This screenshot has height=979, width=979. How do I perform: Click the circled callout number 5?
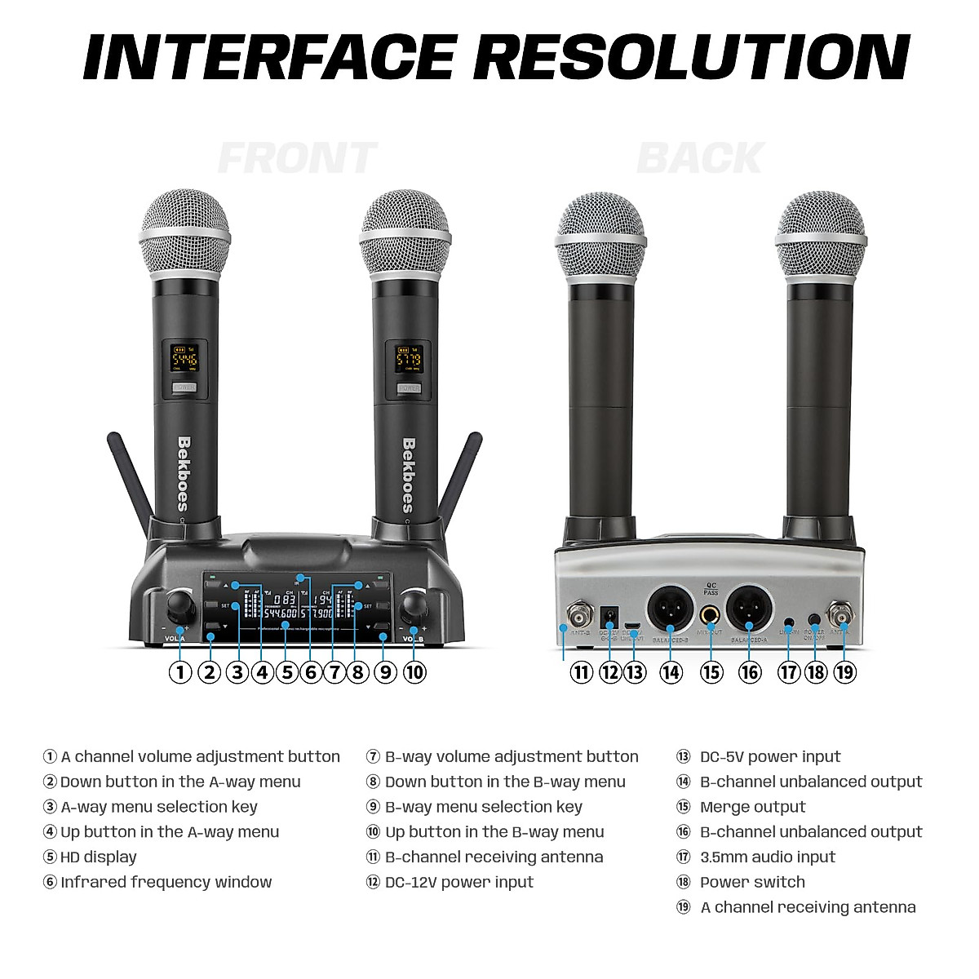point(286,672)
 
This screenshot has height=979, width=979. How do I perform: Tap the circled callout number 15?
point(711,672)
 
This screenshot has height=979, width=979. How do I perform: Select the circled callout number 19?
point(844,672)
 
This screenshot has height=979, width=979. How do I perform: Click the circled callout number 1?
point(179,672)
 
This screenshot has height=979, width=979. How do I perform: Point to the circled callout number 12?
point(609,672)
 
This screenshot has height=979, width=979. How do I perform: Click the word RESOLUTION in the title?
point(692,57)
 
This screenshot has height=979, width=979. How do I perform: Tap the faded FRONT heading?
point(297,158)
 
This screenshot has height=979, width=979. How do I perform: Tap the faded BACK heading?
point(700,158)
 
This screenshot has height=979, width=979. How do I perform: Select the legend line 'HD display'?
point(98,857)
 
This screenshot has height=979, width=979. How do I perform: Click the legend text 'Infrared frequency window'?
point(166,882)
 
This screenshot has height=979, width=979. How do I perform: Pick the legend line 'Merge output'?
point(752,807)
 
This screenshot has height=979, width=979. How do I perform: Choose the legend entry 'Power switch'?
point(752,882)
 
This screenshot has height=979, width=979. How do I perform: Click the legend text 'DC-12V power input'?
point(458,882)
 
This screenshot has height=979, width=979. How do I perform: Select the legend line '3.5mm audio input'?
point(767,857)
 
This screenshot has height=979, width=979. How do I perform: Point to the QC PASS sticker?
point(711,588)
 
